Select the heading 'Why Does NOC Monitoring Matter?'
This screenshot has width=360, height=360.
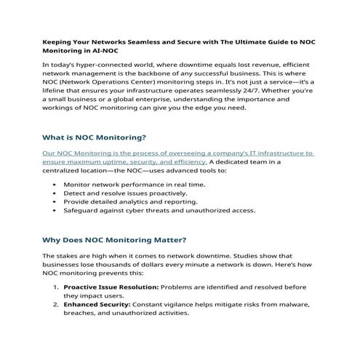tap(113, 239)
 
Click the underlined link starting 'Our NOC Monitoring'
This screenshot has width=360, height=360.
tap(177, 153)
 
